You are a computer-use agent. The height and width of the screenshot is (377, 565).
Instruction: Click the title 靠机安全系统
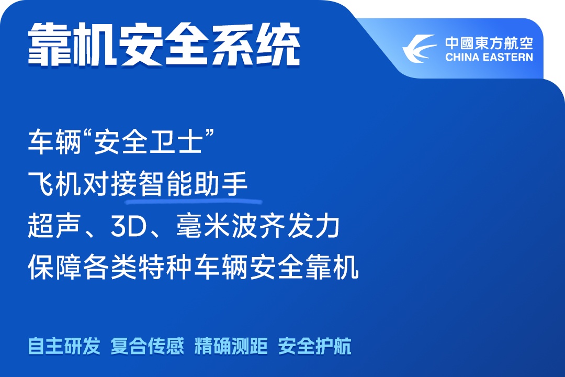click(x=164, y=45)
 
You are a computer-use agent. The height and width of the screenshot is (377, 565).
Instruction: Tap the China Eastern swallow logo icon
click(x=419, y=49)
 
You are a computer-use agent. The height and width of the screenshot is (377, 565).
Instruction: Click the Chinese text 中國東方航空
click(x=489, y=43)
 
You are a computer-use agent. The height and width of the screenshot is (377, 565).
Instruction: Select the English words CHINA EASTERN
click(x=489, y=58)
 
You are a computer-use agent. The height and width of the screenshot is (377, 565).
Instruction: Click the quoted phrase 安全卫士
click(x=148, y=142)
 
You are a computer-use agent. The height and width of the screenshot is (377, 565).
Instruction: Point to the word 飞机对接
click(x=83, y=184)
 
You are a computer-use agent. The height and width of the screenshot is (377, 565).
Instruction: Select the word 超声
click(x=54, y=226)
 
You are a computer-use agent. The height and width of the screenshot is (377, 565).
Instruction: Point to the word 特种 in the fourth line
click(x=166, y=268)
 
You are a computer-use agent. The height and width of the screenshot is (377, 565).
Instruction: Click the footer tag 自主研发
click(x=64, y=346)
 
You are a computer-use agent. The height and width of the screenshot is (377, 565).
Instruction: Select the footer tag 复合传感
click(x=148, y=346)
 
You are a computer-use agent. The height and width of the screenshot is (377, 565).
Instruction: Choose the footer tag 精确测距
click(x=231, y=346)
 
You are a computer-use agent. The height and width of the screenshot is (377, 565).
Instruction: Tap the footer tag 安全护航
click(x=314, y=346)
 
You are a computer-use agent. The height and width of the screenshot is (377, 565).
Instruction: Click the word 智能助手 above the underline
click(x=193, y=184)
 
